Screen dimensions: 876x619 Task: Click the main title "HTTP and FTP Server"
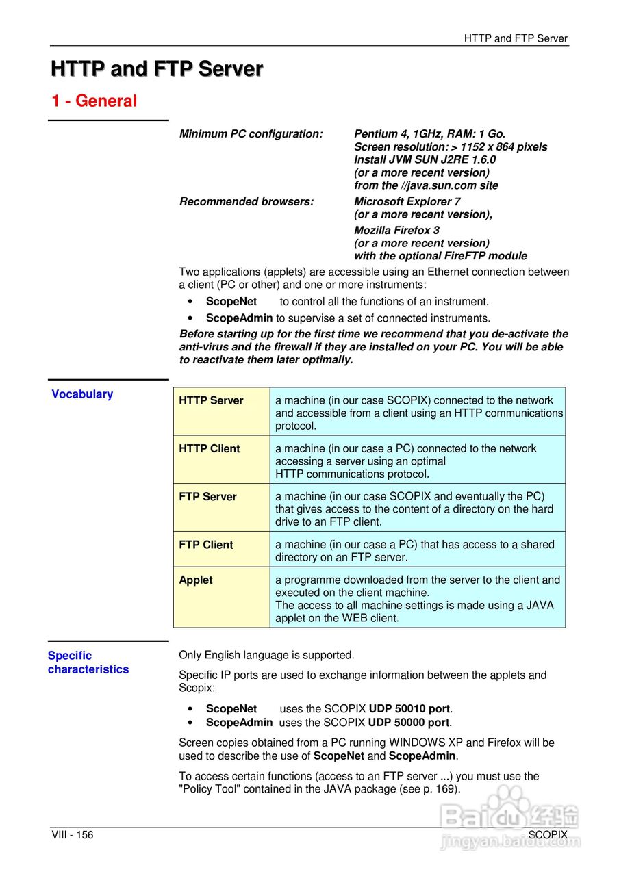(157, 69)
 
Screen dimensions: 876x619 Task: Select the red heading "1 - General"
(94, 101)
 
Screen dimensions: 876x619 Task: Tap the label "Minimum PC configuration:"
(251, 134)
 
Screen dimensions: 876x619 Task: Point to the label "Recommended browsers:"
(247, 201)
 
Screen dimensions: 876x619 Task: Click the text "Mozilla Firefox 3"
(397, 230)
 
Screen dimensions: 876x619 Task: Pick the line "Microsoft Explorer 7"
(407, 201)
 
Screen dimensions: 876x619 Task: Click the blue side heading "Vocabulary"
(82, 394)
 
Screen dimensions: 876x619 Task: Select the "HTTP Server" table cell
(211, 401)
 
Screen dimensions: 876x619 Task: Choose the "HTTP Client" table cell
(210, 449)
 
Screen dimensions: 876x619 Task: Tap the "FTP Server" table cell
(207, 497)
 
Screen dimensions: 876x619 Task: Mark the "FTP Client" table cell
(206, 545)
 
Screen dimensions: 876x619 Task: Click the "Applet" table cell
(196, 580)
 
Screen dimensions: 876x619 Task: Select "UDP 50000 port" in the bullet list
(409, 722)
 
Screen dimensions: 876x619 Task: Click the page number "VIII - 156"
(73, 835)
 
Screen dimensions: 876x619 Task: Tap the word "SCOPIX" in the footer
(548, 835)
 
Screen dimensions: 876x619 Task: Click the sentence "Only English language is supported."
(266, 655)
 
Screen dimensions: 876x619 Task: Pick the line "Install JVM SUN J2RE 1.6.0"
(425, 159)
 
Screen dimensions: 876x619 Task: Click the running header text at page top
(516, 39)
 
